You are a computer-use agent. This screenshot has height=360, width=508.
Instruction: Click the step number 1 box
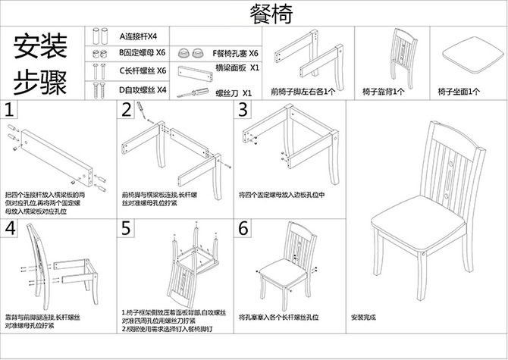10,110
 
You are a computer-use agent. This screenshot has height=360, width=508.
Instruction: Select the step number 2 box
127,110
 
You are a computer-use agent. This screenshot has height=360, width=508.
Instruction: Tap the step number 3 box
243,110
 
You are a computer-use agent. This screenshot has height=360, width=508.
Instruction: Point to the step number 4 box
10,229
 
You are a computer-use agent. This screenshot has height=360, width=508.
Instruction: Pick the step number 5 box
127,229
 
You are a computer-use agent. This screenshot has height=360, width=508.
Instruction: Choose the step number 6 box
243,229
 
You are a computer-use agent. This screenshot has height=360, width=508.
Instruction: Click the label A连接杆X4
138,36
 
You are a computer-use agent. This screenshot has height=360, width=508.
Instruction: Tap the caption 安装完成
365,318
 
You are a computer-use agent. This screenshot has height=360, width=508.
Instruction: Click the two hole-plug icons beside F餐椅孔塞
190,55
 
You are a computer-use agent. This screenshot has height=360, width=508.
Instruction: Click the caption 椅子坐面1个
459,92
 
